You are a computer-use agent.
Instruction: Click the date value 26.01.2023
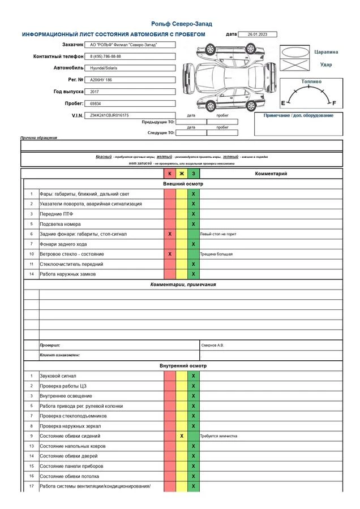coord(258,34)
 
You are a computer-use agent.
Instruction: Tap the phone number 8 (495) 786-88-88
coord(105,57)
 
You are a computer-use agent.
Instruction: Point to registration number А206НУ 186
coord(101,80)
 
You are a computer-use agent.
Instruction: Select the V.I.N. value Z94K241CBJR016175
coord(109,115)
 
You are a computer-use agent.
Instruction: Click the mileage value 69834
coord(96,104)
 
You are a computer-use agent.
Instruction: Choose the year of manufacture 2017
coord(95,91)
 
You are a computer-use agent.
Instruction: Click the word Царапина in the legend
coord(326,52)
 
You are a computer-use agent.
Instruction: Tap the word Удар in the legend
coord(326,64)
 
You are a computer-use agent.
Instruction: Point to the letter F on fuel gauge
coord(334,103)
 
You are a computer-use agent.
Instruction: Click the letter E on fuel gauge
coord(283,103)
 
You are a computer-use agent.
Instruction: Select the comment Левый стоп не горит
coord(218,234)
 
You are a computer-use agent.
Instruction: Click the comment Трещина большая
coord(216,254)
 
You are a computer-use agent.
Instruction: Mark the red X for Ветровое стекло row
coord(170,254)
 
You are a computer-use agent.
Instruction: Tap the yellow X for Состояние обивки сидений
coord(182,436)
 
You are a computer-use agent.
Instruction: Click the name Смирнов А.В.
coord(212,344)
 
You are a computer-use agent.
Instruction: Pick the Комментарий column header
coord(271,174)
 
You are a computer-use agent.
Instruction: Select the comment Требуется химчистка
coord(218,436)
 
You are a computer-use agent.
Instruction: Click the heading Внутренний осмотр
coord(183,366)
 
